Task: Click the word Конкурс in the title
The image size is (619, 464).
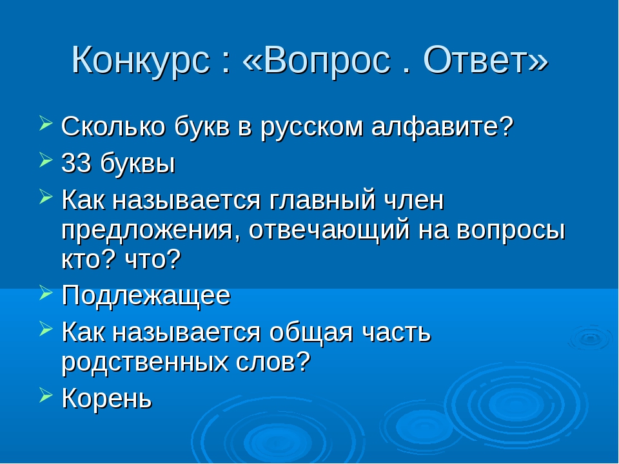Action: click(141, 61)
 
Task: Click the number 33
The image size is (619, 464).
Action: click(76, 162)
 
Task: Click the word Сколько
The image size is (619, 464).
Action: click(113, 127)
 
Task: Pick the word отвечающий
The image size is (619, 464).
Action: click(329, 231)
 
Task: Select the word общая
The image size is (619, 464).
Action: click(311, 333)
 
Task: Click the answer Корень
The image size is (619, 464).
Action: click(106, 398)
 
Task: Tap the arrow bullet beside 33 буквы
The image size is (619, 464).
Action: click(46, 160)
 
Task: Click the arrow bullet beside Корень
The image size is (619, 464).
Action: click(46, 394)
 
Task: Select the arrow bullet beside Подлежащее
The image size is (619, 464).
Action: click(46, 293)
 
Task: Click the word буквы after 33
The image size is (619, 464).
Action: click(137, 164)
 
